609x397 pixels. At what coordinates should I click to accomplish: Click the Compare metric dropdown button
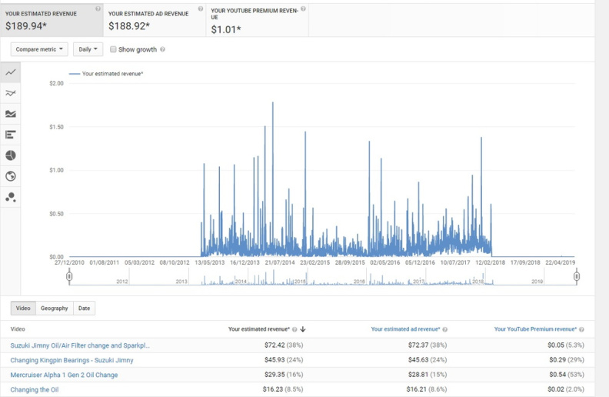[x=39, y=49]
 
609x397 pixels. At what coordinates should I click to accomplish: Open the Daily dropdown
[x=88, y=49]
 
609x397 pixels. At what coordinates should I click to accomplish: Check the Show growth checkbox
[x=113, y=49]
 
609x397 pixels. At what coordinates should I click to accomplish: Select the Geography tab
[x=55, y=308]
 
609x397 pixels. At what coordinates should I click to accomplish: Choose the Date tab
[x=84, y=308]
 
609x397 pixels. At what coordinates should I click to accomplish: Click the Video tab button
[x=23, y=308]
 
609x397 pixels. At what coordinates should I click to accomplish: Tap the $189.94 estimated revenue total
[x=26, y=26]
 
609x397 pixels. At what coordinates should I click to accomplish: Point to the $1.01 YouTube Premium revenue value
[x=226, y=29]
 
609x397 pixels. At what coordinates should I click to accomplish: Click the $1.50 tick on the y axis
[x=56, y=127]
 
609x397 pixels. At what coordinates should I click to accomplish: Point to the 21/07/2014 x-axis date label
[x=280, y=262]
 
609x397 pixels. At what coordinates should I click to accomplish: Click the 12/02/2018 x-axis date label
[x=490, y=262]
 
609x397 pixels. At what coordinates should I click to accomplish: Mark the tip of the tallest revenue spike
[x=273, y=102]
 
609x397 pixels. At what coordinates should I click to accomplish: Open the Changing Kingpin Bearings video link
[x=72, y=360]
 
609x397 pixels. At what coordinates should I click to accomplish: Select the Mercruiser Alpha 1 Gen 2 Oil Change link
[x=64, y=375]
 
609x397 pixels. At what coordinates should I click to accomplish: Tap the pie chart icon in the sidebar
[x=11, y=155]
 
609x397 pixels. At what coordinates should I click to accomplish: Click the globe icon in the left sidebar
[x=11, y=176]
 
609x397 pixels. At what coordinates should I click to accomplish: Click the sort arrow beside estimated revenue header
[x=303, y=329]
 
